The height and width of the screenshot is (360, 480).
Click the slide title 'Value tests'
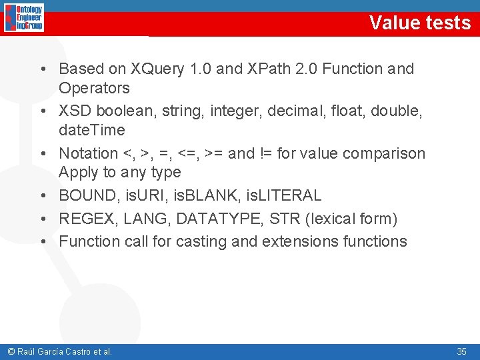click(420, 23)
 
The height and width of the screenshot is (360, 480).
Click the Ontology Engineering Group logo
click(24, 18)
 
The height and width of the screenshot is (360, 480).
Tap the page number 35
click(461, 351)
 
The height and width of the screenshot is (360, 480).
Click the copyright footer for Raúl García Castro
click(59, 351)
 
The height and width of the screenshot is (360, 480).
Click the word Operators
click(94, 88)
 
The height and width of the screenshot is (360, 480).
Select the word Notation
click(88, 153)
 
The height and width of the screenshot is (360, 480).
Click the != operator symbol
click(265, 153)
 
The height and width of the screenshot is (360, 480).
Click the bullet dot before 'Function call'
click(42, 241)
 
